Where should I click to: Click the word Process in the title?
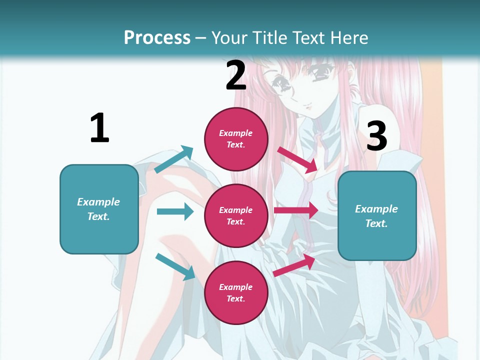point(157,37)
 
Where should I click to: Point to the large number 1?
point(99,128)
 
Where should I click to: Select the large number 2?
point(236,75)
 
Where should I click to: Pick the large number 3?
point(377,136)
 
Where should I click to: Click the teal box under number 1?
point(99,209)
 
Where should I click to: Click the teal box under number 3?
point(377,216)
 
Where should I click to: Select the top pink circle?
point(236,138)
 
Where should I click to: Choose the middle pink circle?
point(236,215)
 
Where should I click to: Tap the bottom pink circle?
point(236,292)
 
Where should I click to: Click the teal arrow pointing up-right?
point(174,159)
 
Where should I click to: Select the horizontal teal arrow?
point(175,211)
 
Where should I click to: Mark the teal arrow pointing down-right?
point(175,266)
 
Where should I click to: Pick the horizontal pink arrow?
point(296,210)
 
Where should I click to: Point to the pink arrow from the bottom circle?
point(294,265)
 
